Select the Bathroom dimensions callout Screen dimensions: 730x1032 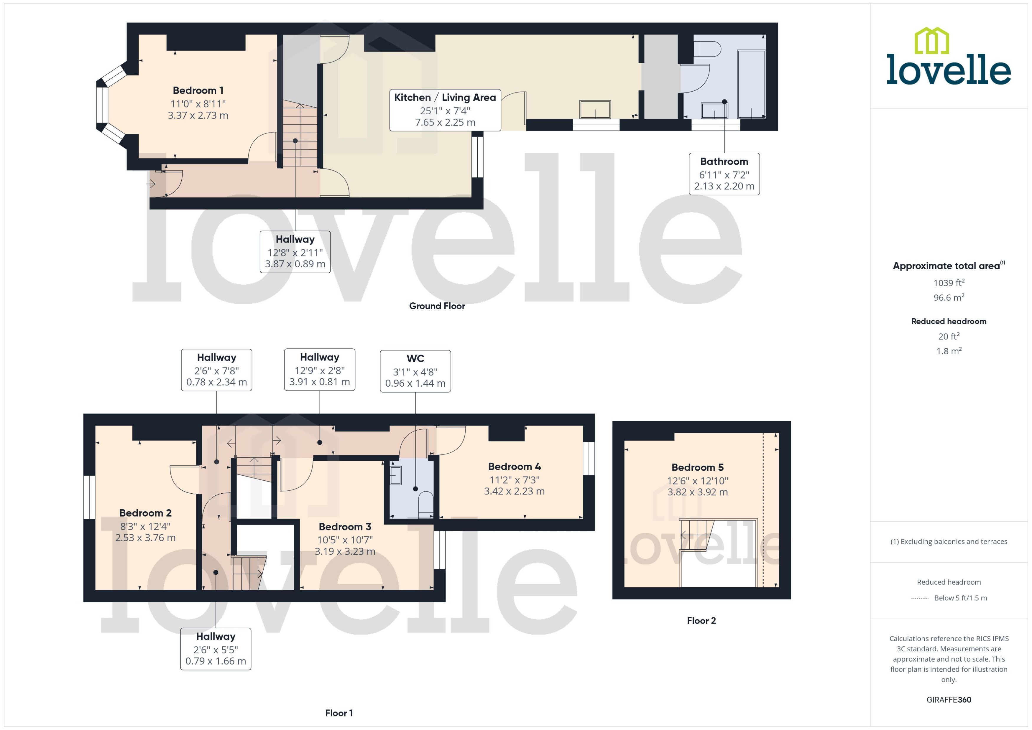pyautogui.click(x=724, y=174)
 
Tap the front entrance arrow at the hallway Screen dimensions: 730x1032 pyautogui.click(x=151, y=183)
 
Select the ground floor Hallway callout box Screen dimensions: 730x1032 pyautogui.click(x=295, y=252)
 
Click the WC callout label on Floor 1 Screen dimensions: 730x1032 pyautogui.click(x=415, y=371)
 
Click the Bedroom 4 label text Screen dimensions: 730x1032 pyautogui.click(x=514, y=467)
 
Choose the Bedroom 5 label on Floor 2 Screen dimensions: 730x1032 pyautogui.click(x=697, y=467)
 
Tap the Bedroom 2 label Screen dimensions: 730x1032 pyautogui.click(x=145, y=513)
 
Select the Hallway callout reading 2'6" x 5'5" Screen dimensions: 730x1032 pyautogui.click(x=216, y=649)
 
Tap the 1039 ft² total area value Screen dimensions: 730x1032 pyautogui.click(x=948, y=283)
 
